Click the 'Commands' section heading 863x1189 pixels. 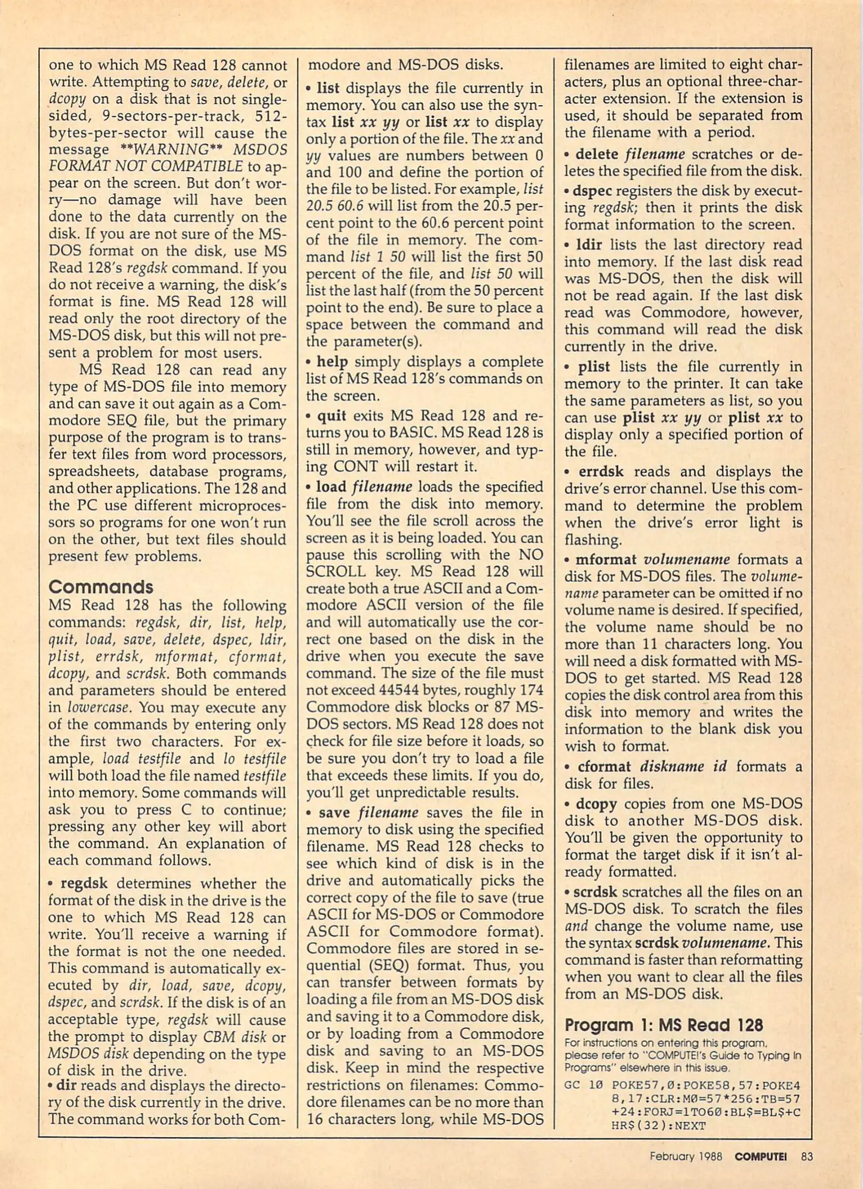click(x=100, y=587)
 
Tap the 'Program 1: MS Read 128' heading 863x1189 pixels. click(x=664, y=1025)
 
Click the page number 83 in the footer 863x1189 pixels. click(x=807, y=1157)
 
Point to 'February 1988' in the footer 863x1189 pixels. click(x=686, y=1157)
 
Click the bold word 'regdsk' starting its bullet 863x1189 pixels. click(x=84, y=883)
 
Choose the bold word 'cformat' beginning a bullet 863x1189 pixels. click(x=604, y=767)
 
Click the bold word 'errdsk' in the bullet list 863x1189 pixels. click(x=601, y=472)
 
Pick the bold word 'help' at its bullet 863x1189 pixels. click(x=332, y=362)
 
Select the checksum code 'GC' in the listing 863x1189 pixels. click(x=572, y=1085)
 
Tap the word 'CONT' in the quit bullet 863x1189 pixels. click(x=357, y=467)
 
